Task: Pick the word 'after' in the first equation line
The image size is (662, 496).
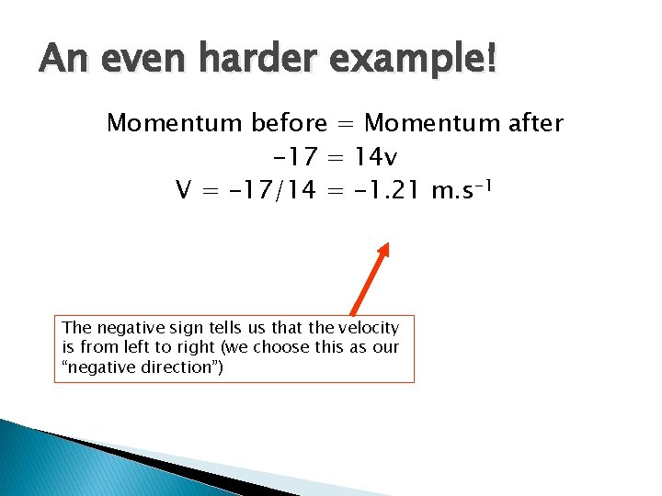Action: pyautogui.click(x=532, y=123)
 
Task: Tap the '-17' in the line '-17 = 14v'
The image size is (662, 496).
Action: pyautogui.click(x=293, y=156)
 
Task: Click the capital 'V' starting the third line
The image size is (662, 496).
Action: pyautogui.click(x=183, y=190)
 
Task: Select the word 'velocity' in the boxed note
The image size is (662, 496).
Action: pyautogui.click(x=370, y=328)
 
